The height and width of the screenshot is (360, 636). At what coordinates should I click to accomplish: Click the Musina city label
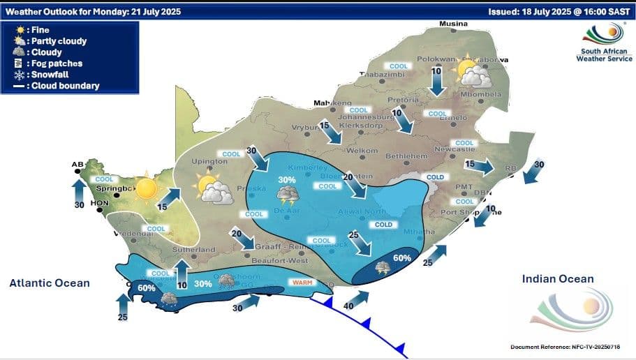tap(452, 24)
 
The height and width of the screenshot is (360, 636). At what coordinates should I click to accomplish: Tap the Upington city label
tap(214, 162)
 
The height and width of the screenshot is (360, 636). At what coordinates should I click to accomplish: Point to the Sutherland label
tap(196, 249)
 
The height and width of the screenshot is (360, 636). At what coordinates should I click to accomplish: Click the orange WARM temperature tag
tap(302, 283)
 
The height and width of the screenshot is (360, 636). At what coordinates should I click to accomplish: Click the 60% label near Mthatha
tap(401, 258)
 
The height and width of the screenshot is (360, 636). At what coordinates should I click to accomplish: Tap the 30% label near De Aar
tap(287, 180)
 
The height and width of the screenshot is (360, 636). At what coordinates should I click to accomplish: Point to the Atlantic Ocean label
tap(50, 283)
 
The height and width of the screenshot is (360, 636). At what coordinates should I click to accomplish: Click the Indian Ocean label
tap(558, 279)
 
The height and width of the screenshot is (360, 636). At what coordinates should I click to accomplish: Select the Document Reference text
tap(565, 347)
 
